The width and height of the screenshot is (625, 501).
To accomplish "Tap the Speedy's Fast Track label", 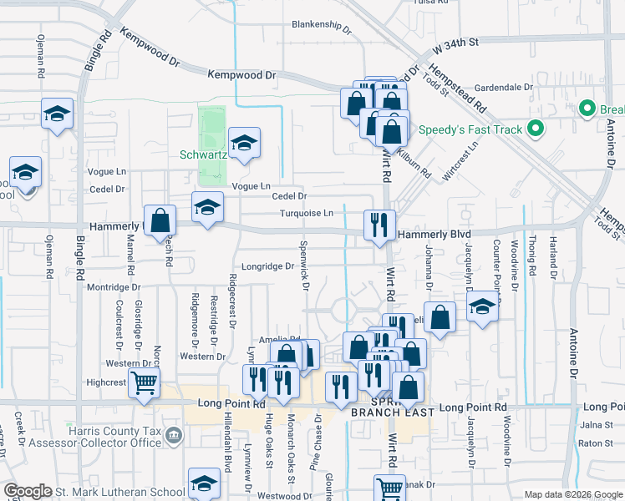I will [470, 129].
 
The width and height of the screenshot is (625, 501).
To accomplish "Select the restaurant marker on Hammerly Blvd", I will [379, 225].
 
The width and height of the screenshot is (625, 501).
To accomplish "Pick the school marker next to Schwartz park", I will [244, 144].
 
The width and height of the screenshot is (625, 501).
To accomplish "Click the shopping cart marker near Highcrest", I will [145, 385].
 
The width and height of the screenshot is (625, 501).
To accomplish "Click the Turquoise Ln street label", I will [307, 213].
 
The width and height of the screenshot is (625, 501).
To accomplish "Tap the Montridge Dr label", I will [119, 287].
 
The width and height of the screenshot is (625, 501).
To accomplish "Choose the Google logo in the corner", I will [28, 491].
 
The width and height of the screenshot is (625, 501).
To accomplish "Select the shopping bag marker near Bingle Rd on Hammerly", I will [160, 221].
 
